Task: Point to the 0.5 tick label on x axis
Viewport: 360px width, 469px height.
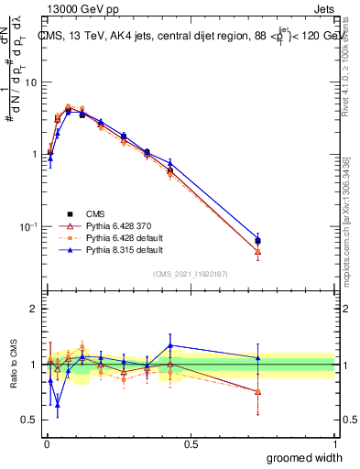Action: click(191, 443)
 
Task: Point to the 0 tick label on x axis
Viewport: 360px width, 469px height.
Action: click(47, 443)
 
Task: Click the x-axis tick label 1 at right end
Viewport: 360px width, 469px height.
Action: click(335, 443)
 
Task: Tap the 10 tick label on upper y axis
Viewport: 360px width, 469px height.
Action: click(30, 82)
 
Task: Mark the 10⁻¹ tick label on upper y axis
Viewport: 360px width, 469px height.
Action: click(28, 225)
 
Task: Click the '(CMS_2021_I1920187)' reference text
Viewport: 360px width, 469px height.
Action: click(191, 273)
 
